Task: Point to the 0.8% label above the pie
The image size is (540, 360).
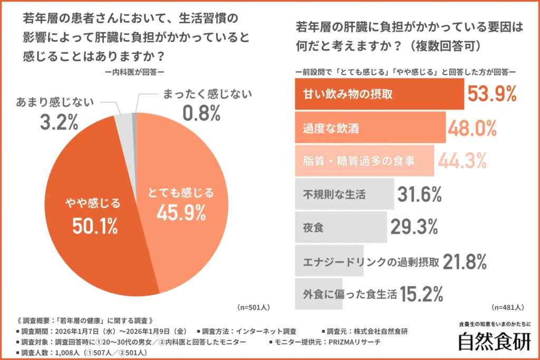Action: tap(201, 112)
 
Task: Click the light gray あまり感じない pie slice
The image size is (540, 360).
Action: tap(124, 121)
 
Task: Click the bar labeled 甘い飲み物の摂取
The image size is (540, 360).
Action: tap(379, 94)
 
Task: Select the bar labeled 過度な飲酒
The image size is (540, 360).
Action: tap(370, 128)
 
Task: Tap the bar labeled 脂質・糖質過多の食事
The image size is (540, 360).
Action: tap(364, 161)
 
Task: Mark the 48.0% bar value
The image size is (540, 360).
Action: tap(472, 128)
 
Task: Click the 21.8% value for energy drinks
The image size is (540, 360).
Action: tap(465, 261)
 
